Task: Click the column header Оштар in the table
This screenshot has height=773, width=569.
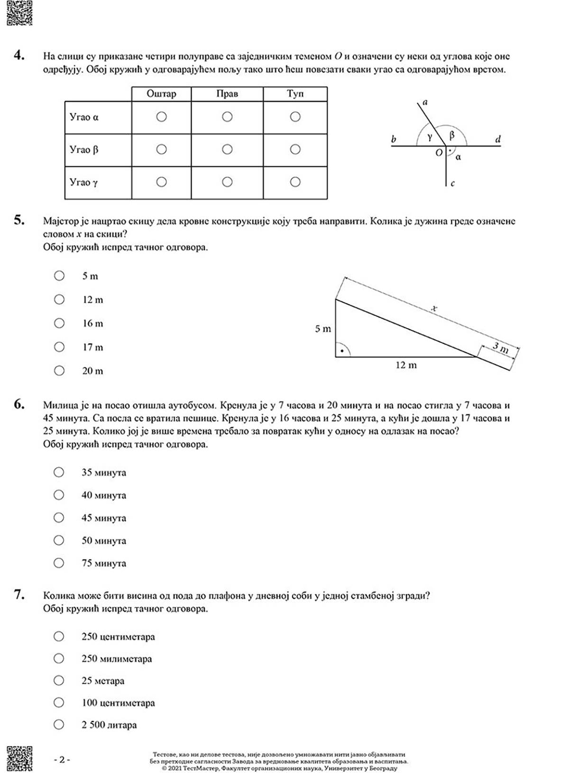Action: coord(161,94)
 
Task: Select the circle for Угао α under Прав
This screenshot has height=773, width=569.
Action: coord(227,117)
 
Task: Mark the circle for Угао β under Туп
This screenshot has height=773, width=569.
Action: coord(295,149)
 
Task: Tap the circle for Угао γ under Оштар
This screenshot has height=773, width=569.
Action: coord(161,182)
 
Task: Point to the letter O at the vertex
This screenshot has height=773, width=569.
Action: coord(439,153)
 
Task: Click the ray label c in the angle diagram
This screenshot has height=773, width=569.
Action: coord(452,183)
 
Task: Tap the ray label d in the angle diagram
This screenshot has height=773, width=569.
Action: coord(497,139)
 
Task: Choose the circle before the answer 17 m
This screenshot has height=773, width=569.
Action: coord(59,347)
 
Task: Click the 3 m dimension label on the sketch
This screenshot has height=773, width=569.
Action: coord(500,348)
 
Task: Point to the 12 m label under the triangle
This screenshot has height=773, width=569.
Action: coord(406,365)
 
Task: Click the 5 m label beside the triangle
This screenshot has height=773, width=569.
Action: coord(323,329)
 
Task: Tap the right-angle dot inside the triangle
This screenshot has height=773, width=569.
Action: coord(341,351)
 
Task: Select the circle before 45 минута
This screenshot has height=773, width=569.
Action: coord(59,518)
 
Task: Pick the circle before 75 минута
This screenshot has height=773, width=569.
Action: coord(59,563)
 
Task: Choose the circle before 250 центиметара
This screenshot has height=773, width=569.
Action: coord(59,637)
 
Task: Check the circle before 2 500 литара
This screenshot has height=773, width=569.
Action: coord(59,725)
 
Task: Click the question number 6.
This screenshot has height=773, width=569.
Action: coord(19,404)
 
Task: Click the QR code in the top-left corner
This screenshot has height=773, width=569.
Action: coord(19,13)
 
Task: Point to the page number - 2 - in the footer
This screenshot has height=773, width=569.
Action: coord(62,759)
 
